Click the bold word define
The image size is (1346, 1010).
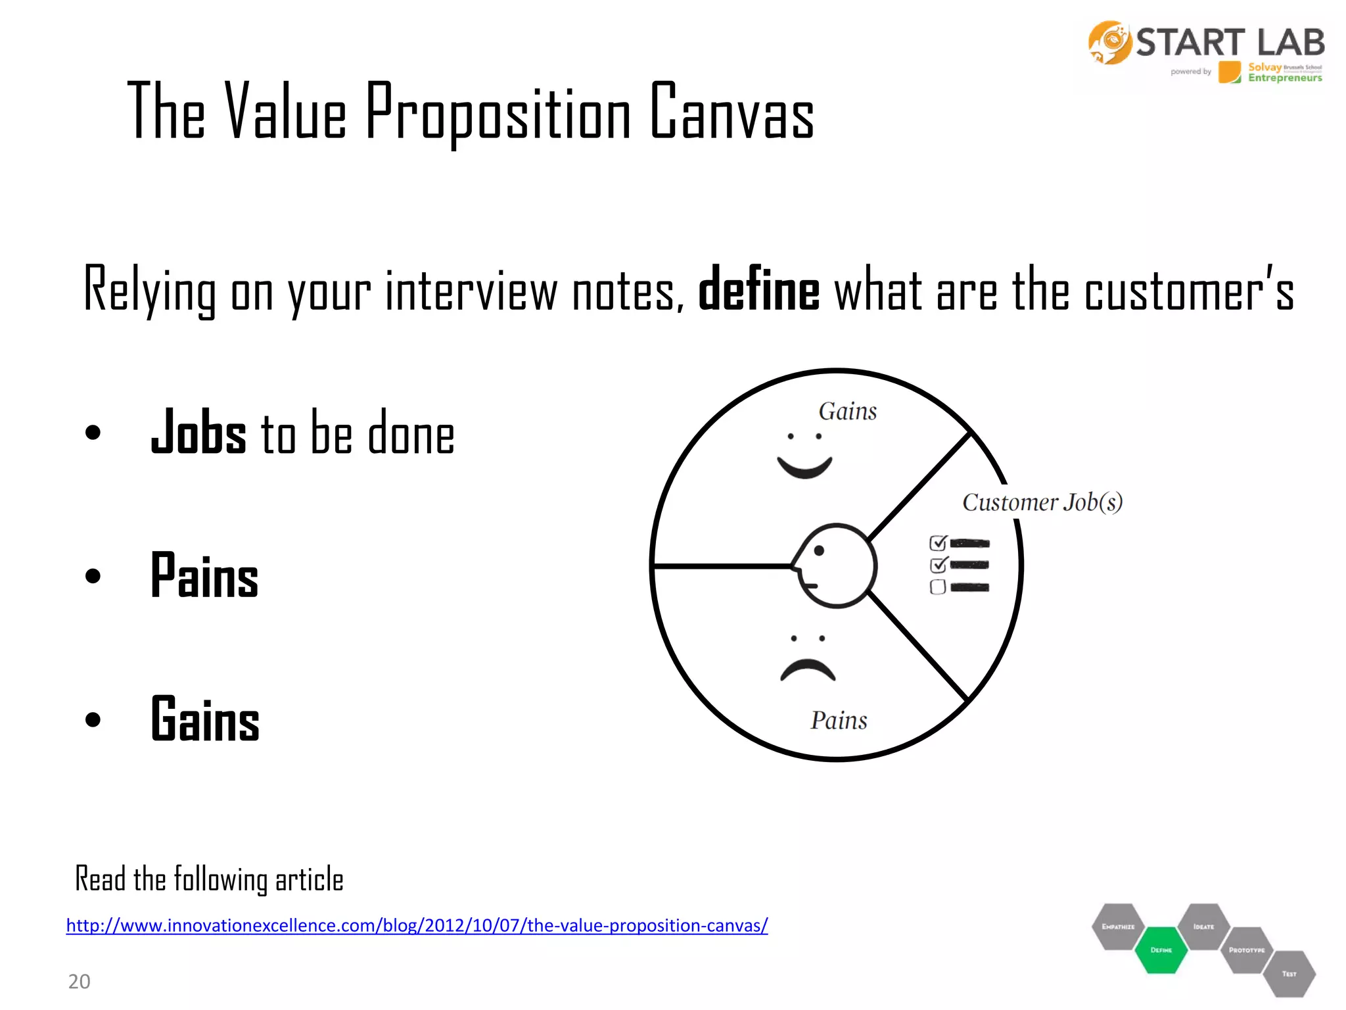(758, 290)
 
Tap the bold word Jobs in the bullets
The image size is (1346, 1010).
(198, 433)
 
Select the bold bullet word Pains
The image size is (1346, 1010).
(204, 576)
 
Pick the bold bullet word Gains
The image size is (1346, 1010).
(205, 719)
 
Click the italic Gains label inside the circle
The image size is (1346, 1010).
(847, 412)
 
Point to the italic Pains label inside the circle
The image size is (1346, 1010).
(839, 721)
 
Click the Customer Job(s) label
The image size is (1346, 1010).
(1042, 502)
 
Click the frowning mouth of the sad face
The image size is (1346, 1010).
(808, 670)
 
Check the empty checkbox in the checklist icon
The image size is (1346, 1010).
(938, 587)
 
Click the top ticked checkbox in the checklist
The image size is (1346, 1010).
(938, 543)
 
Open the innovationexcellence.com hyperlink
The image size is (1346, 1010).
(417, 926)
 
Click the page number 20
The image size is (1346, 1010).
(79, 982)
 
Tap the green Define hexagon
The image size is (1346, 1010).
(1161, 950)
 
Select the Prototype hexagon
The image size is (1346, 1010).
(1246, 950)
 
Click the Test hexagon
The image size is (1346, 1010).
(1289, 974)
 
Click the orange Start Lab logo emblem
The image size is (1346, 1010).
(1109, 43)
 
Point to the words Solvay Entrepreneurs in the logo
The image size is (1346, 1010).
(1284, 72)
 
